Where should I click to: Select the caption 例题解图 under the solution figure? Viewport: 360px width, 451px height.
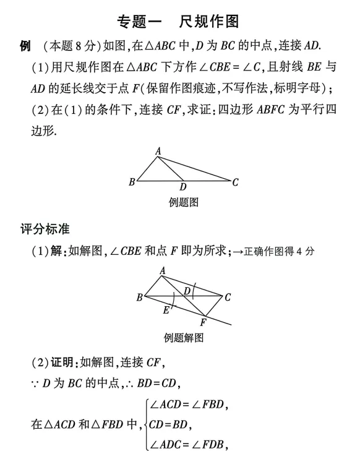coord(184,338)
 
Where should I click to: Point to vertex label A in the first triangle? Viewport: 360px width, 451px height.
coord(158,150)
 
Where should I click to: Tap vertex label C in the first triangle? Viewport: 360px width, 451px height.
coord(235,182)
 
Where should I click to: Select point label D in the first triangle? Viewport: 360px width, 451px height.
coord(183,187)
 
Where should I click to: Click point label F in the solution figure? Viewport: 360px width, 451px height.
coord(203,322)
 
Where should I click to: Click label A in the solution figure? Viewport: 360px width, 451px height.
coord(163,270)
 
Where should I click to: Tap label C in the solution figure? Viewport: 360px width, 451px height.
coord(228,297)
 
